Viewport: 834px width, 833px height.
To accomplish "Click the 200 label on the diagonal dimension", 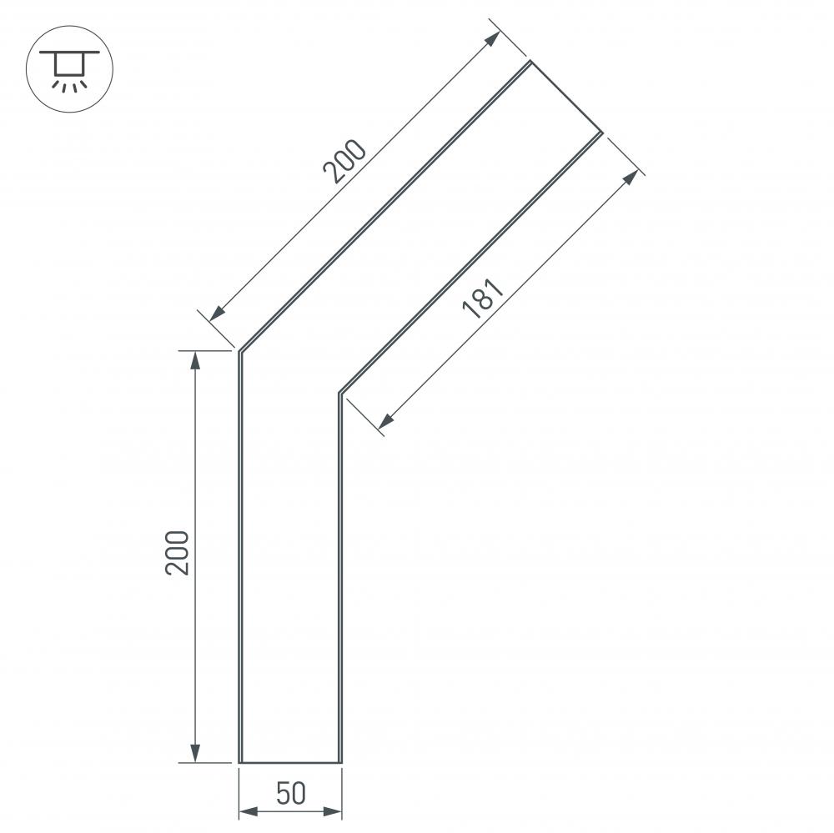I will pos(344,162).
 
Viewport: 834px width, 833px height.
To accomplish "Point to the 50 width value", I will pos(290,794).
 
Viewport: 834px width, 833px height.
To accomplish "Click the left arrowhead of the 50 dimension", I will pos(247,810).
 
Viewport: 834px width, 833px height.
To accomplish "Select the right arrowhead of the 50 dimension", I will pos(335,810).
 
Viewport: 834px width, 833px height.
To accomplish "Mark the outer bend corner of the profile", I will pos(240,352).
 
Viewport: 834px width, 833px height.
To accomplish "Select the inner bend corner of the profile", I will pos(339,392).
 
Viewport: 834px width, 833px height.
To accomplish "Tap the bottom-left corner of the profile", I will pos(240,762).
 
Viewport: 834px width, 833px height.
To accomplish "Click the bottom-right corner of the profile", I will pos(340,762).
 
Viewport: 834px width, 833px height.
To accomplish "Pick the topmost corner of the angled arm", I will pos(530,61).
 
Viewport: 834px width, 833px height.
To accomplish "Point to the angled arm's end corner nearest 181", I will pos(602,132).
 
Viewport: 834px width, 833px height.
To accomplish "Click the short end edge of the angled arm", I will pos(566,96).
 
